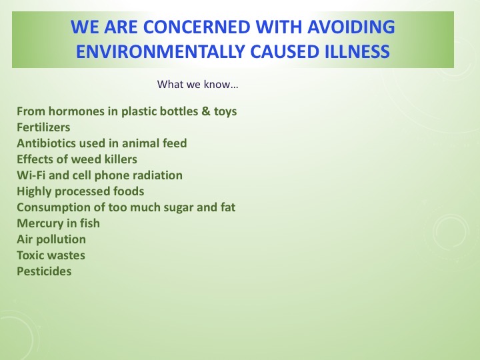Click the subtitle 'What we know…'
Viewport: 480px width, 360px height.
[x=198, y=85]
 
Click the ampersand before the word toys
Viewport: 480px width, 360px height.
[x=205, y=111]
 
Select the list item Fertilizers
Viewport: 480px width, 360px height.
[x=43, y=127]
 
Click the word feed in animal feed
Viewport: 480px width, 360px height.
[x=173, y=143]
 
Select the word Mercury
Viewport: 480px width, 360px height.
[x=40, y=223]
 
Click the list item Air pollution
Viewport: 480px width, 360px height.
[x=51, y=239]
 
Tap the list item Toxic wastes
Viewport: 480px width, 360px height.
[x=51, y=255]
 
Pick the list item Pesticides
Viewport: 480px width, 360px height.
[x=44, y=271]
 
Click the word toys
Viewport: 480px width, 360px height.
[x=224, y=111]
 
